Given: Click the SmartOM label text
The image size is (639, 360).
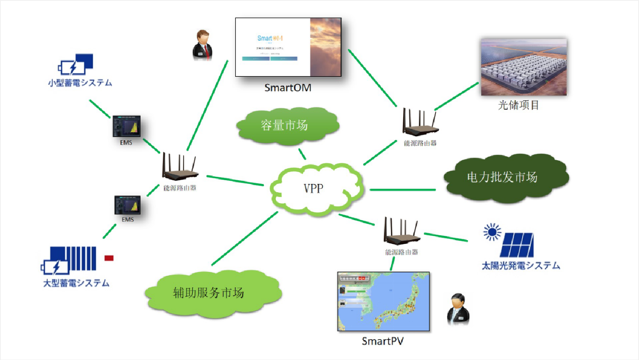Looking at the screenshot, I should (x=288, y=88).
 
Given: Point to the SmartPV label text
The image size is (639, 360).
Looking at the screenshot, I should (x=382, y=341).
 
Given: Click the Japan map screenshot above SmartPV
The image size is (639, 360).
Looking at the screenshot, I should (x=383, y=301).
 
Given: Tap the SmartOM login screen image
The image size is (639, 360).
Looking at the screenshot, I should (x=288, y=47).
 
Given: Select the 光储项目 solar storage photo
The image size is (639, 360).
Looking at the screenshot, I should (x=523, y=67).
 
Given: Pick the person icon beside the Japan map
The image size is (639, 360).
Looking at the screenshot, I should (x=458, y=309).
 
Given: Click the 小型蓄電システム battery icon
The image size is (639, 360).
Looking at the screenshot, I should (x=76, y=64).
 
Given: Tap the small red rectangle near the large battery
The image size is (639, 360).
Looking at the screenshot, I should (x=109, y=258).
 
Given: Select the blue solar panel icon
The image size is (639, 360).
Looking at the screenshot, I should (x=517, y=245).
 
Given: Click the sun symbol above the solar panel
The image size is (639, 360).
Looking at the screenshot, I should (x=492, y=232).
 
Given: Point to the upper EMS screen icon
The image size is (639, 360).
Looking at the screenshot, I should (x=126, y=126).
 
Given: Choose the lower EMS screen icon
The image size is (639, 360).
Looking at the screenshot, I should (x=127, y=205).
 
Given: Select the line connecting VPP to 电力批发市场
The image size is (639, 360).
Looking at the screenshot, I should (x=402, y=190).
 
